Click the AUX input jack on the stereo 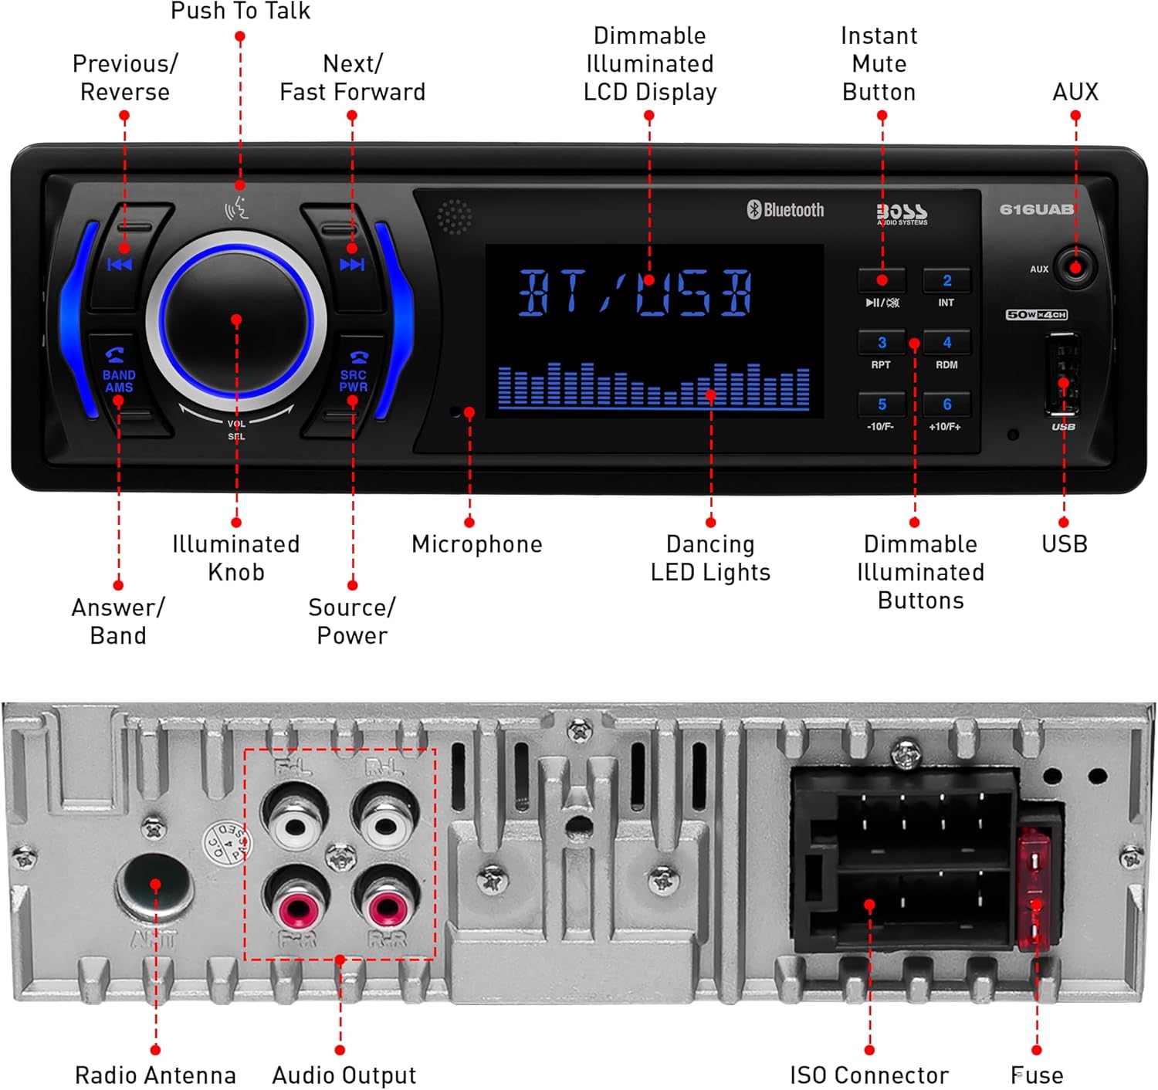(1075, 268)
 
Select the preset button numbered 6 (946, 405)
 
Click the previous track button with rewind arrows (120, 265)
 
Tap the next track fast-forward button (352, 265)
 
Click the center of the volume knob (236, 320)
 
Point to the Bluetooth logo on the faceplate (785, 210)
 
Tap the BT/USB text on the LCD (635, 293)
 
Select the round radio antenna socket (155, 885)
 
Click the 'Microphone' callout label (476, 544)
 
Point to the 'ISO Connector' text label (868, 1075)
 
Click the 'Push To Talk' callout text (240, 12)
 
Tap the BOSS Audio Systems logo (902, 212)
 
